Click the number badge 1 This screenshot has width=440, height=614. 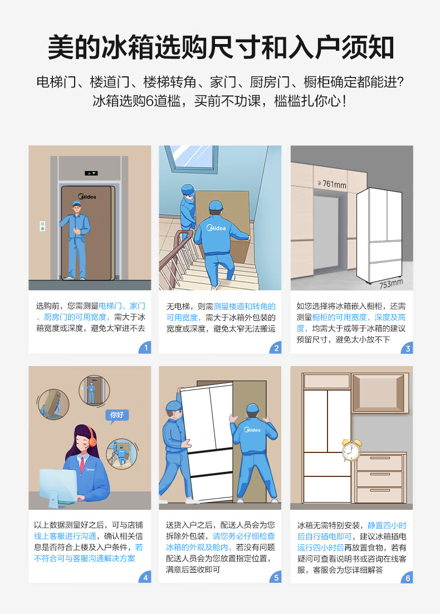click(145, 347)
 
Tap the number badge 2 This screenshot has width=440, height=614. click(276, 347)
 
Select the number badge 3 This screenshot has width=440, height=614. click(407, 348)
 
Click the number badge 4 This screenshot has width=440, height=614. click(145, 577)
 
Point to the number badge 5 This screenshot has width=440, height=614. click(276, 577)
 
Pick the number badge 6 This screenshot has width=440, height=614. click(407, 577)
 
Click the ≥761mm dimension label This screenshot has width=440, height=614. click(332, 184)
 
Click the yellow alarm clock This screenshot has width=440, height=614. click(351, 450)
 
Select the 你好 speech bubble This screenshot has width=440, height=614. click(116, 416)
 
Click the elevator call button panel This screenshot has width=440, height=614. click(43, 226)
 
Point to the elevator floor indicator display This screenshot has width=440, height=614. click(91, 173)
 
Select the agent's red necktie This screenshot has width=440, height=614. click(82, 465)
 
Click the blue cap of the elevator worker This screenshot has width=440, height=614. click(76, 203)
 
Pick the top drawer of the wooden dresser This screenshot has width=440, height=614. click(379, 462)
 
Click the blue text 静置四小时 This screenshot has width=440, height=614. click(387, 525)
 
